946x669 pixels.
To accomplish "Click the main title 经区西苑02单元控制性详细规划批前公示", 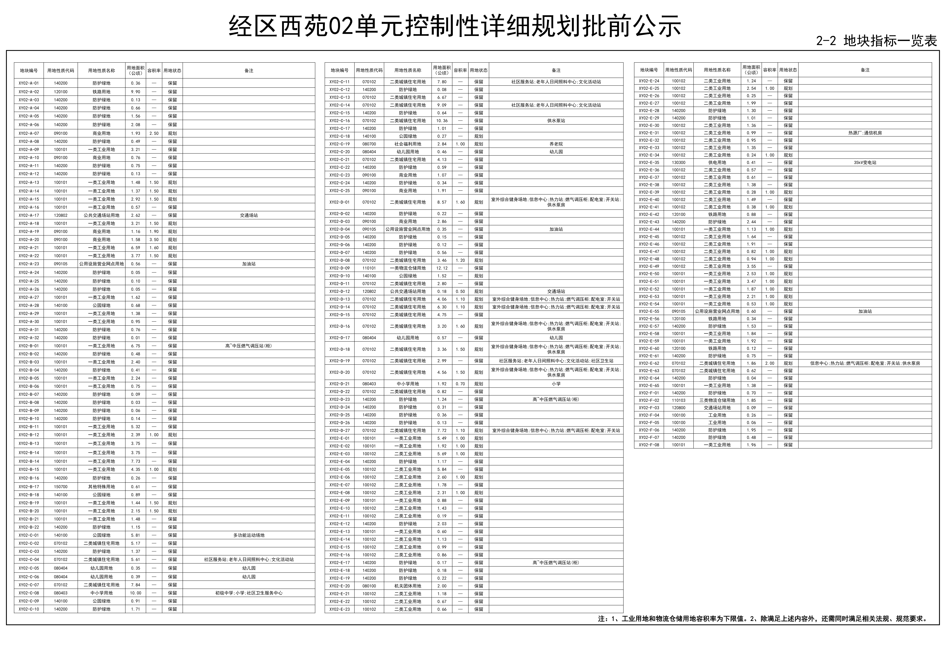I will tap(455, 27).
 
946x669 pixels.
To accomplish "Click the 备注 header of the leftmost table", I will tap(249, 70).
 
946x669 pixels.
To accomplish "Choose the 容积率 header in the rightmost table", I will tap(769, 70).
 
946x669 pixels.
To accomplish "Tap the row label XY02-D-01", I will tap(340, 202).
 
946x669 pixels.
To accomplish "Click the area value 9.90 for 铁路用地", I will tap(136, 92).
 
